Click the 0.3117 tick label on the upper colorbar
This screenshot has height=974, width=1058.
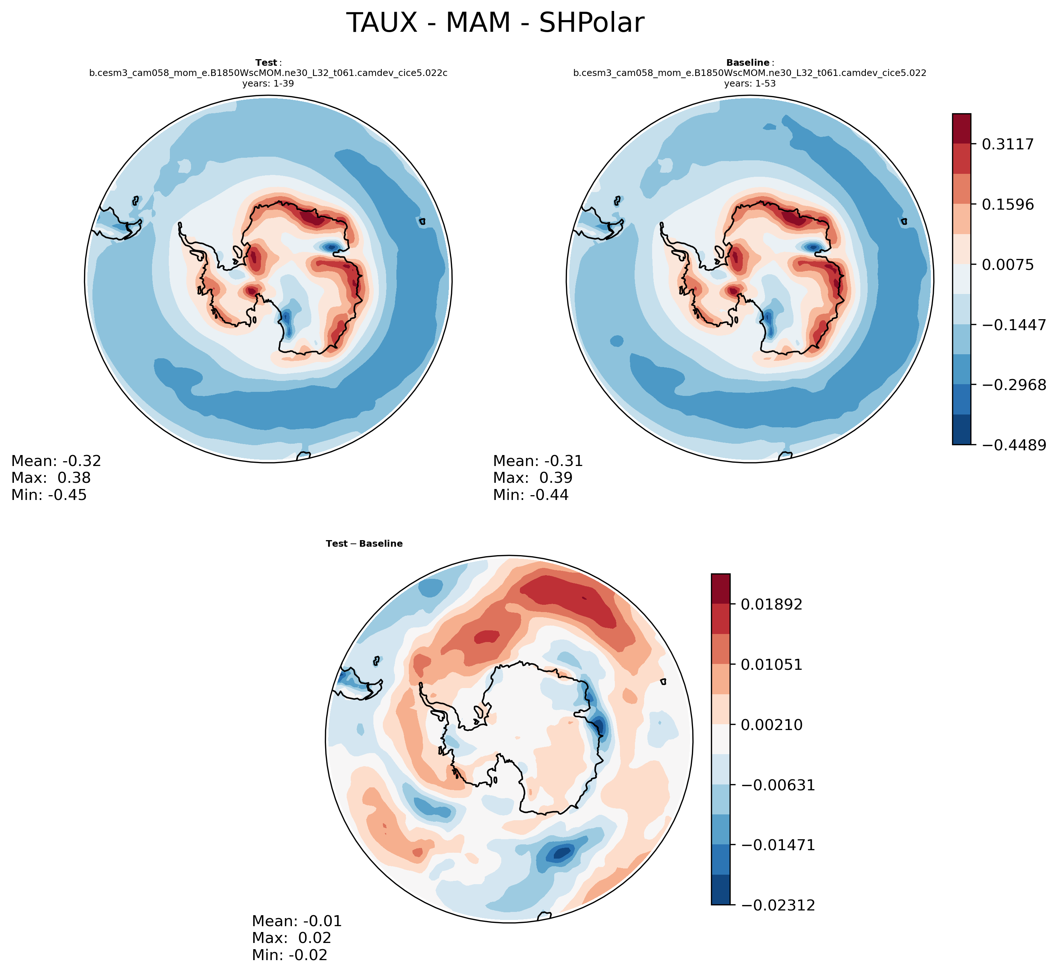coord(1007,144)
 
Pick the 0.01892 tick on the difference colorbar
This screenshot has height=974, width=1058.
coord(771,604)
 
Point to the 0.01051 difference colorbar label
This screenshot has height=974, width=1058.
coord(771,665)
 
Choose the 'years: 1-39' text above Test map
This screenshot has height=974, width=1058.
coord(268,83)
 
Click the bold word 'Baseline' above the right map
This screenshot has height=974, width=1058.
coord(747,63)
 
